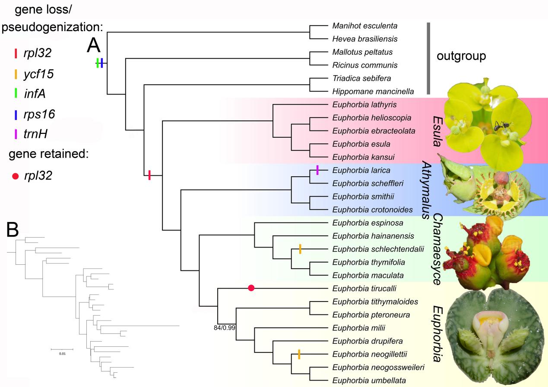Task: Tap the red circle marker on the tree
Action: coord(251,288)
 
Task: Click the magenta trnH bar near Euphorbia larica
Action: coord(317,170)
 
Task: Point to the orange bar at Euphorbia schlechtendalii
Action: coord(299,249)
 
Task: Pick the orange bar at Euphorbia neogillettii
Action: coord(299,355)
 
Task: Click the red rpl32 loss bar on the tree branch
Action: coord(149,175)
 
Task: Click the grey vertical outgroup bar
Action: coord(428,58)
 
